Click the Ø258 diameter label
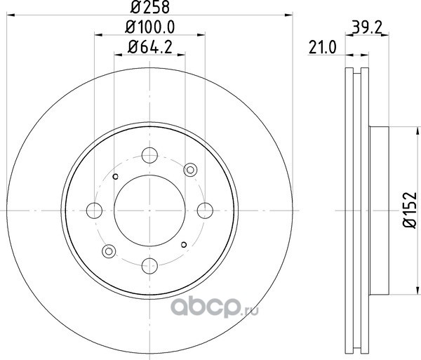[150, 7]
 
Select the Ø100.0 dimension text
[150, 27]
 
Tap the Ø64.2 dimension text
[150, 47]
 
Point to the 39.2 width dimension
[366, 27]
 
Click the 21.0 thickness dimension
[322, 48]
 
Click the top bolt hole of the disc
[149, 155]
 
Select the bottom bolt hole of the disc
[149, 266]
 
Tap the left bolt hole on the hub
[94, 211]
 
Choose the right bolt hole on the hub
[205, 211]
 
